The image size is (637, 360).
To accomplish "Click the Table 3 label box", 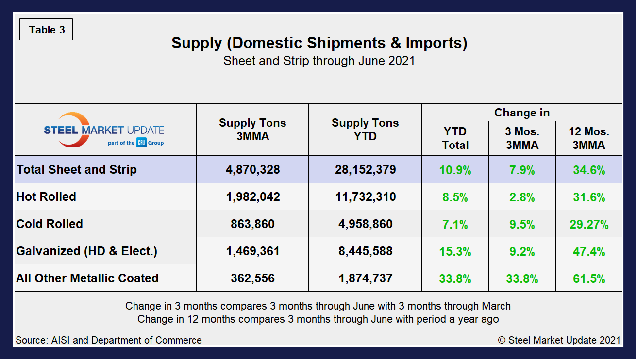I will click(46, 30).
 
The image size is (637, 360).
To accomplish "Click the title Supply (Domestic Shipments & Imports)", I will click(319, 43).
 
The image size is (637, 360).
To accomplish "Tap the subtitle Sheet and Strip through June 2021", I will click(319, 62).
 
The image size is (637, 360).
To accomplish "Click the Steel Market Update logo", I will click(104, 130).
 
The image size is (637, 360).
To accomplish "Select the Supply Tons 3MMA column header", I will click(252, 130).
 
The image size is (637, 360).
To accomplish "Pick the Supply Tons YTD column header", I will click(365, 130).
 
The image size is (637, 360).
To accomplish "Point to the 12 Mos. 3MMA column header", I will click(588, 138).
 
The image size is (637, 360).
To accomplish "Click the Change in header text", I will click(522, 113).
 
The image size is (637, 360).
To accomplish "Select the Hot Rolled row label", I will click(46, 197).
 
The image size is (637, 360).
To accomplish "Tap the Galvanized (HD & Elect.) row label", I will click(86, 251).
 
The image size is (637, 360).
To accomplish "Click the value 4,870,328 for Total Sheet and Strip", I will click(252, 170).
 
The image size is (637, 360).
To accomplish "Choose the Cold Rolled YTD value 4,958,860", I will click(365, 224).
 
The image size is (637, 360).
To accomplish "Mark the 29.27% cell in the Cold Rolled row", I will click(588, 224).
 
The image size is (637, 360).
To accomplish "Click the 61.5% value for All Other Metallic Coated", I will click(588, 278).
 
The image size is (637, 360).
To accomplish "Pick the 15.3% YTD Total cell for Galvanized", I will click(455, 251).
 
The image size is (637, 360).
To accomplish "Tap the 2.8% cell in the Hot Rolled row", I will click(522, 197).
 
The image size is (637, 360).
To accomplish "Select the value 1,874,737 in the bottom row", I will click(365, 278).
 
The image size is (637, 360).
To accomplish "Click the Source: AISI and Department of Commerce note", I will click(109, 340).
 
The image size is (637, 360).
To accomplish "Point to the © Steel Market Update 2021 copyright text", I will click(559, 340).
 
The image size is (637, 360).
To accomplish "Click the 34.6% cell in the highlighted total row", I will click(588, 170).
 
